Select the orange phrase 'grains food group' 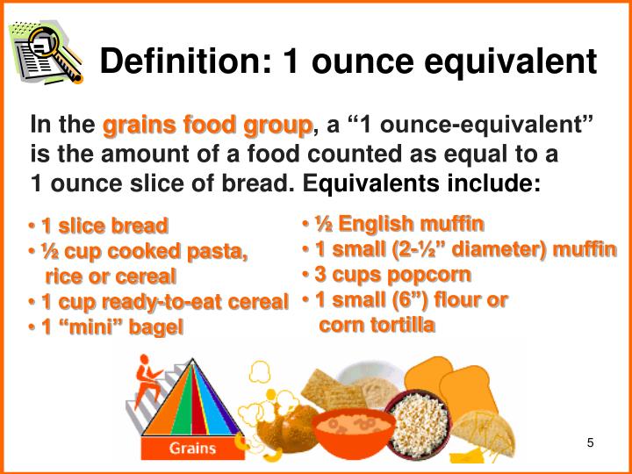207,126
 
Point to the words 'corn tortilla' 377,325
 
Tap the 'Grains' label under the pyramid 192,449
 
